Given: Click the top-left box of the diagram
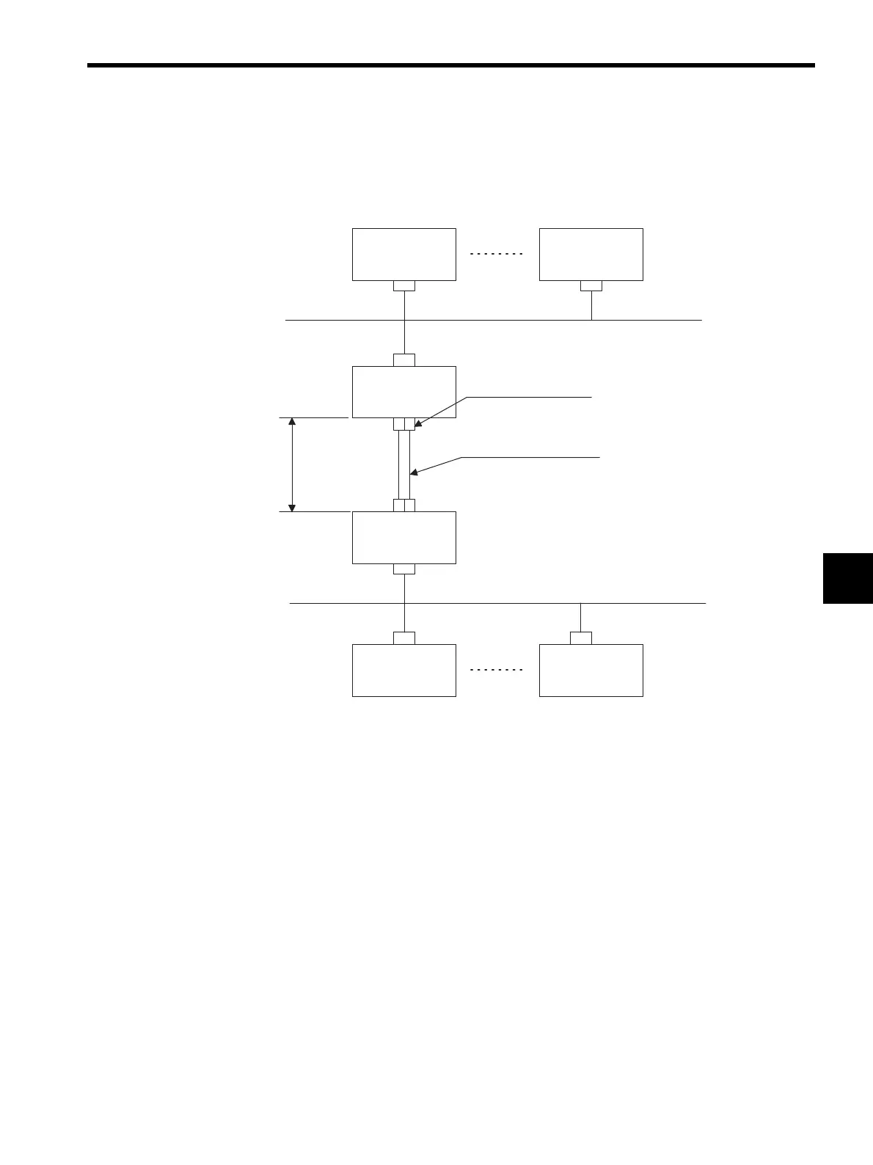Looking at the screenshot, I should point(403,254).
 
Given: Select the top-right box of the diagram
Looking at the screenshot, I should point(591,254).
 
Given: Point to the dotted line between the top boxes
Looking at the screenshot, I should point(497,254).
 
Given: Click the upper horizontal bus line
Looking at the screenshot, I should point(493,321).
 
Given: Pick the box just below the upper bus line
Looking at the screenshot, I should point(403,392).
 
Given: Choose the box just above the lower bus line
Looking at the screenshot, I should point(403,537).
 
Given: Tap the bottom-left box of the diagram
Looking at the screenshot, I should point(403,670).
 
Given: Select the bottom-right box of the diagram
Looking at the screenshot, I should point(591,670).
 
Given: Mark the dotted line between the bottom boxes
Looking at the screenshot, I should point(497,670).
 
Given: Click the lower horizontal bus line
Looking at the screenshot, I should point(497,603).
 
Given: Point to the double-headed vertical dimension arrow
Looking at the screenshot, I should point(293,464).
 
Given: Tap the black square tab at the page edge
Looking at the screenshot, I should point(847,578).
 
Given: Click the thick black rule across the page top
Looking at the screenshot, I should point(450,65).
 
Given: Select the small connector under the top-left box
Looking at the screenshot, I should point(403,285).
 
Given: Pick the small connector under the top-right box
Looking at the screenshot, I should point(591,285).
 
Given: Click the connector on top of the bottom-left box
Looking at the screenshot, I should point(403,638).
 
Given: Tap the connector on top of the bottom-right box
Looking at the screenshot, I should point(580,638).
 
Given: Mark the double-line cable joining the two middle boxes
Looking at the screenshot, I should point(403,464).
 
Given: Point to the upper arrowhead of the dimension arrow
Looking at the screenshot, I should point(293,422).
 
